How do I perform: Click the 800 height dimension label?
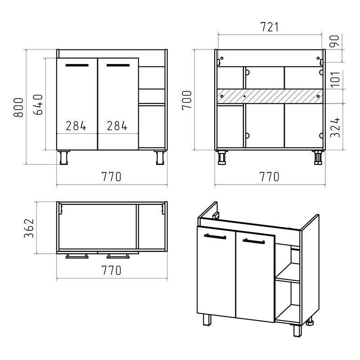tap(18, 108)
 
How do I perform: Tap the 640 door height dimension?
tap(38, 104)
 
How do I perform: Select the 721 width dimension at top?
tap(270, 27)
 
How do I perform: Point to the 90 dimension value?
tap(334, 41)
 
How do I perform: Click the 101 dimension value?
tap(335, 79)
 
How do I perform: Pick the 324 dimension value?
tap(335, 127)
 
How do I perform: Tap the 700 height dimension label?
tap(187, 100)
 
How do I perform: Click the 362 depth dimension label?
tap(29, 228)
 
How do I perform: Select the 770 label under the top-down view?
tap(111, 270)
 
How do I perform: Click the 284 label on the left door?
tap(76, 126)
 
